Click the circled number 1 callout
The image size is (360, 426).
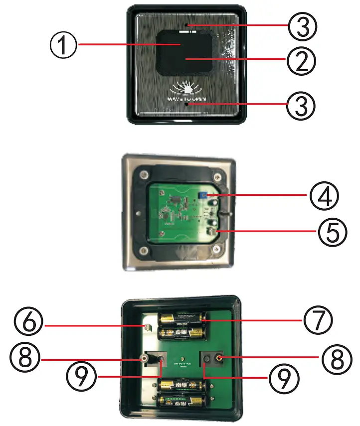63,45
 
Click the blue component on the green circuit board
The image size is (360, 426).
202,197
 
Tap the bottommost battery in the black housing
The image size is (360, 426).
180,401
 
